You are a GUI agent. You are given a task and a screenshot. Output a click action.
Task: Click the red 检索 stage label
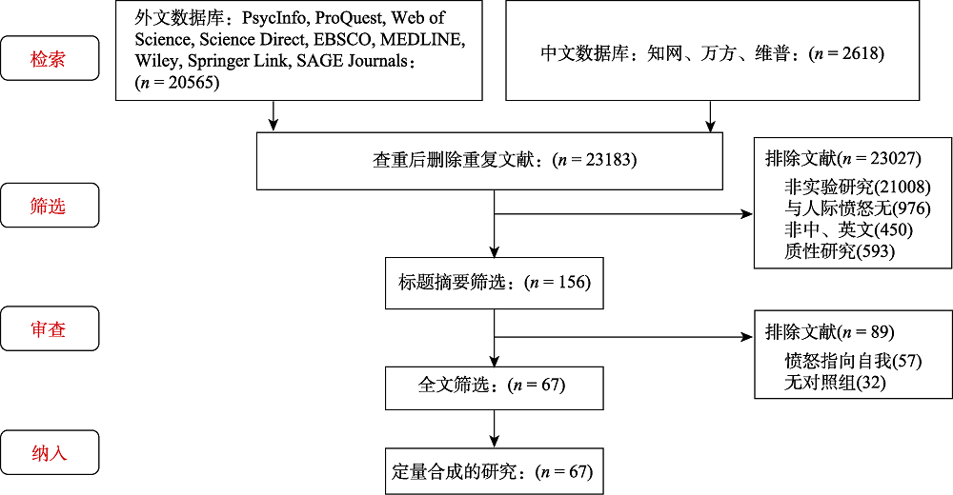tap(50, 58)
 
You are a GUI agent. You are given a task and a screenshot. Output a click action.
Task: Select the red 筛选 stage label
tap(50, 205)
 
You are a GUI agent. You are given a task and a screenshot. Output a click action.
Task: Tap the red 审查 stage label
tap(50, 328)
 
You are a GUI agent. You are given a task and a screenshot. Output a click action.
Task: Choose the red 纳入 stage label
tap(50, 453)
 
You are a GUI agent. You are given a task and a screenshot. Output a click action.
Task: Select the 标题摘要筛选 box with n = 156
tap(494, 282)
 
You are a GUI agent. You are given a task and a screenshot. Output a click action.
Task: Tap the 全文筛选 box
tap(494, 385)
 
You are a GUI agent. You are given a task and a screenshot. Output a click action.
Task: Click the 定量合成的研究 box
tap(494, 471)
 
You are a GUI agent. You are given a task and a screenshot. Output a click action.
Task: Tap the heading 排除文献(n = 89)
tap(829, 332)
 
